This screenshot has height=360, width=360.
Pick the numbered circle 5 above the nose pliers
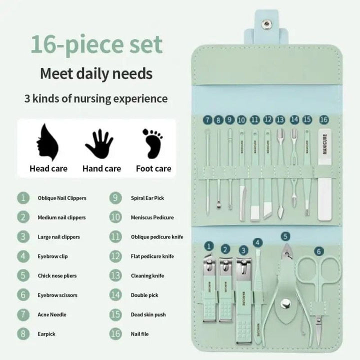click(285, 236)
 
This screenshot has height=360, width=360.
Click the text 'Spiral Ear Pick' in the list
click(147, 198)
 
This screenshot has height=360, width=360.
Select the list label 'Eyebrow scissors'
click(57, 295)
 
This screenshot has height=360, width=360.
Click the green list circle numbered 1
click(23, 198)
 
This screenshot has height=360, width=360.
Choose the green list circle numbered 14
click(115, 295)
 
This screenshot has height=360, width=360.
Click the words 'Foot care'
click(154, 168)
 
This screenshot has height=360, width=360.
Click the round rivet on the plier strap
click(285, 301)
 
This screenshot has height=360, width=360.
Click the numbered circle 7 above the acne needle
click(207, 120)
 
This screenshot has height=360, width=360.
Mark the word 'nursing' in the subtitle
click(105, 98)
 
